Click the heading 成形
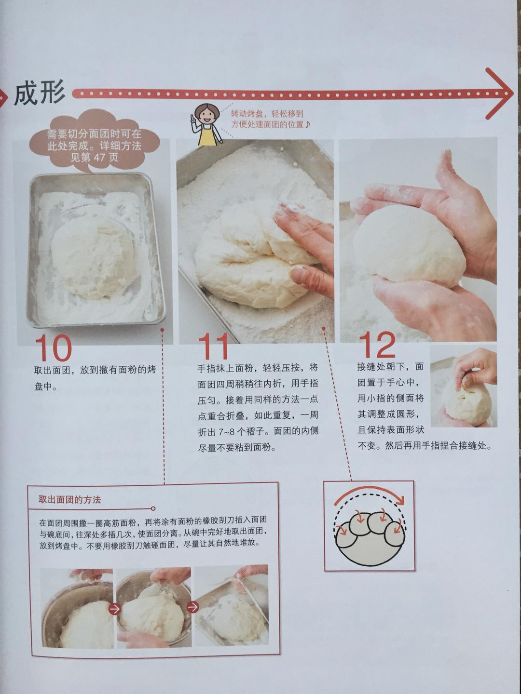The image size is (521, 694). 40,93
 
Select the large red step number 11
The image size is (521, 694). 213,347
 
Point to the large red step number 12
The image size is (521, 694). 377,345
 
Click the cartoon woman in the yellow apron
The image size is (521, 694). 207,124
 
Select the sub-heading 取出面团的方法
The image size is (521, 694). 70,500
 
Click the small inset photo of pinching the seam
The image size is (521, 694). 464,387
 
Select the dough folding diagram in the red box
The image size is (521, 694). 369,526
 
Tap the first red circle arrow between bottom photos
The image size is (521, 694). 114,609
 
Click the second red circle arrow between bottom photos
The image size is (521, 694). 192,607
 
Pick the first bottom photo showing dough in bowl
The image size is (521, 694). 77,608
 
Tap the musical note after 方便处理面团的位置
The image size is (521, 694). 308,124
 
